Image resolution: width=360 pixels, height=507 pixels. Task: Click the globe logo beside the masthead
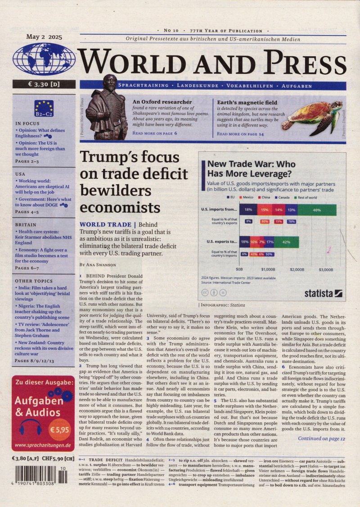click(x=44, y=60)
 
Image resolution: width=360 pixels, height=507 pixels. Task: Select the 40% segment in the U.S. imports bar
click(x=317, y=210)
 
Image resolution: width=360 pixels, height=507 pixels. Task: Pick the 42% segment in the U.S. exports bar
click(x=287, y=242)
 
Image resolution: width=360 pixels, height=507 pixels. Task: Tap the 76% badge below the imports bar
click(x=291, y=222)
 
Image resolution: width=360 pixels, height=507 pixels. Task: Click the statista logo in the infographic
click(x=323, y=294)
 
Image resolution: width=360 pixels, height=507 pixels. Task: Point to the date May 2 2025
click(x=44, y=37)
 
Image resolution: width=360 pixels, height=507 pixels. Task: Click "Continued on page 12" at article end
click(x=321, y=438)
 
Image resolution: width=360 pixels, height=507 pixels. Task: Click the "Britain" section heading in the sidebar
click(x=26, y=224)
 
